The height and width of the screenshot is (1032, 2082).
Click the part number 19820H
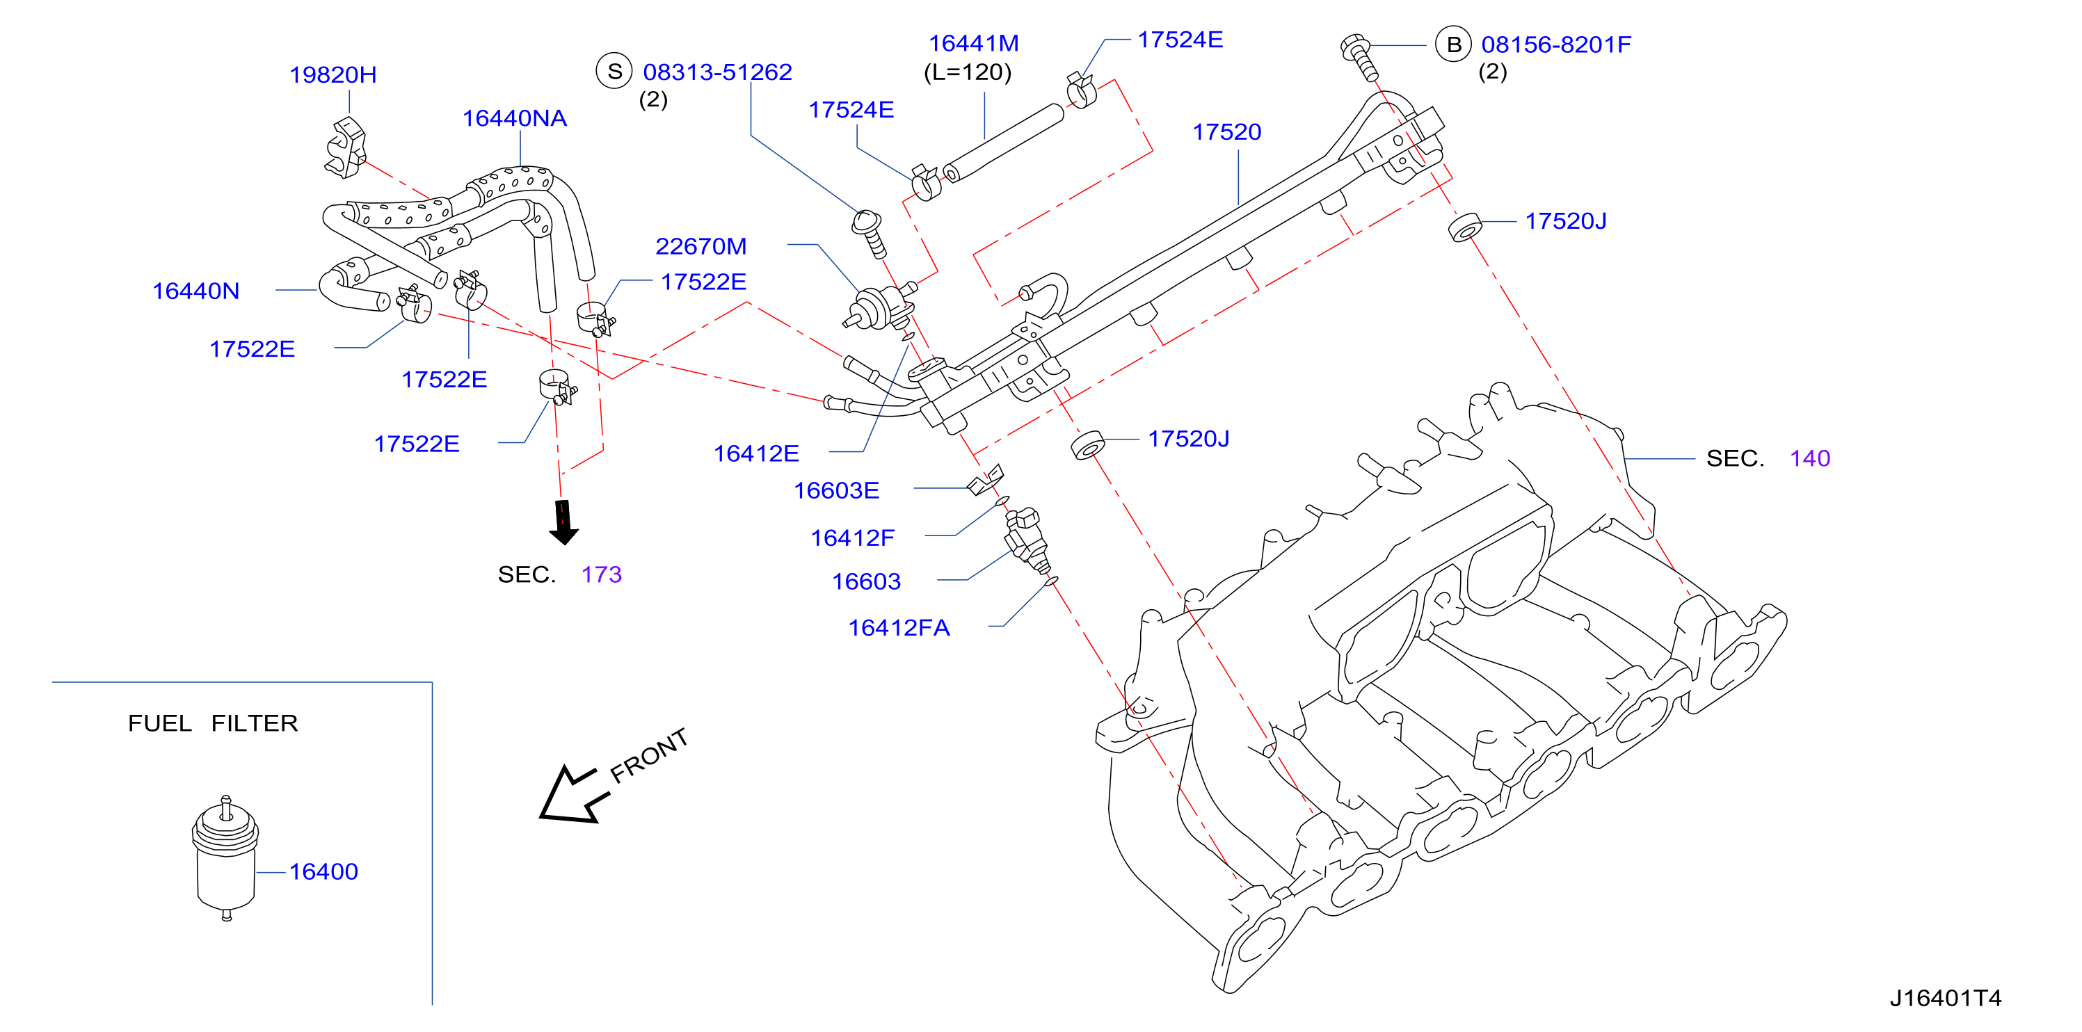coord(333,74)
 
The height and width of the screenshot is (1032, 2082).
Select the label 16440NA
coord(514,118)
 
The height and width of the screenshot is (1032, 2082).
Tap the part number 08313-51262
coord(717,72)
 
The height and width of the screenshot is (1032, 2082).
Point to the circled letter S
coord(614,71)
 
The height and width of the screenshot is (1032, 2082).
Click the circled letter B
coord(1453,45)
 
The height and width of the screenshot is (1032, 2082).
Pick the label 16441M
coord(973,43)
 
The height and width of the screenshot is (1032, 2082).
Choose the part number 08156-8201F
coord(1556,45)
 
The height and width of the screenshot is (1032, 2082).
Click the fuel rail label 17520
coord(1227,131)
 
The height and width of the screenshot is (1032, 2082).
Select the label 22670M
coord(700,245)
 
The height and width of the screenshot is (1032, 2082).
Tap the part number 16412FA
coord(899,627)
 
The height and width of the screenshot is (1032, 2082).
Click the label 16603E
coord(837,490)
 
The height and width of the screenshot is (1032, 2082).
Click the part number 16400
coord(323,871)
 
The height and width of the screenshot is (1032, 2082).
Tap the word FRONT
coord(649,755)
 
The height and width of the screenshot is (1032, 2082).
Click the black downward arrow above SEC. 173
coord(563,522)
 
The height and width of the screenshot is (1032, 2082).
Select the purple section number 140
coord(1809,458)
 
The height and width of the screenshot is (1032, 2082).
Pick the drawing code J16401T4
coord(1946,998)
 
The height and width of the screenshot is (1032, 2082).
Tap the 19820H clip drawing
coord(346,148)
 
